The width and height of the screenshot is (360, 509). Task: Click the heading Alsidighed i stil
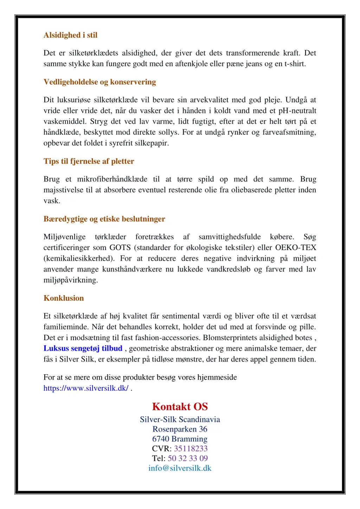point(70,35)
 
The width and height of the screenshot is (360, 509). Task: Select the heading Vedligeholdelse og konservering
point(99,82)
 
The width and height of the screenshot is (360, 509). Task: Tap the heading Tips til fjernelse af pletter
point(89,161)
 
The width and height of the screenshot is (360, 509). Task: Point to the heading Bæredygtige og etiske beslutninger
point(104,219)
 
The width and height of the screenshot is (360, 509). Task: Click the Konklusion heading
point(64,298)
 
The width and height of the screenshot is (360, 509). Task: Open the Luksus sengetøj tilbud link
point(83,348)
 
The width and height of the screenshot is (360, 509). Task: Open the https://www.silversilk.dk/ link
point(86,388)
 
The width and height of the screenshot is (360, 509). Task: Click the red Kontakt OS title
point(180,406)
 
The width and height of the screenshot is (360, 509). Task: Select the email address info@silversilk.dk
point(180,468)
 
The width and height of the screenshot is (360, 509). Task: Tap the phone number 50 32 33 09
point(188,458)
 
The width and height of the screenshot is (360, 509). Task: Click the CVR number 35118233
point(191,449)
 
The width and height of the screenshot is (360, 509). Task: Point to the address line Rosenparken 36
point(180,429)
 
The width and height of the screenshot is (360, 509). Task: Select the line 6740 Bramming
point(180,439)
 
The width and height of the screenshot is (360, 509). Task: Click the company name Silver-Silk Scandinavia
point(180,419)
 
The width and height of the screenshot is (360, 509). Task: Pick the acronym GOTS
point(120,247)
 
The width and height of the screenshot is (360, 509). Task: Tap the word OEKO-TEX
point(296,247)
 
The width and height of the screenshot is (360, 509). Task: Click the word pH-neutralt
point(297,111)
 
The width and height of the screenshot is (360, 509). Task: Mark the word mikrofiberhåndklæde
point(112,179)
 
